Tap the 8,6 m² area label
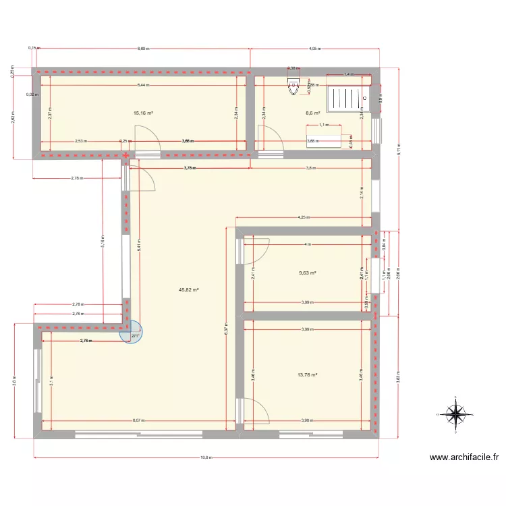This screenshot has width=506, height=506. (312, 113)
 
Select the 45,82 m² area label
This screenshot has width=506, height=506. (189, 289)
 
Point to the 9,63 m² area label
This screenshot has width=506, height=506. (308, 273)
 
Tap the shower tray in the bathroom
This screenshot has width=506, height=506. (349, 99)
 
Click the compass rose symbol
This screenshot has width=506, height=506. (457, 413)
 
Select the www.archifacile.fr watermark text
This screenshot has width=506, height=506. (464, 457)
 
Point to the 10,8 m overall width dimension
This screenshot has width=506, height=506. (206, 457)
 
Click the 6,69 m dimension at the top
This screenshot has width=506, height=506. (142, 49)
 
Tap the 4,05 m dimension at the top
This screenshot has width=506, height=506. (314, 49)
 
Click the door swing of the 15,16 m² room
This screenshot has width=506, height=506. (146, 139)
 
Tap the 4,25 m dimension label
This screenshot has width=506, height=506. (304, 218)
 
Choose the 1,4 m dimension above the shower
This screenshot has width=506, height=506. (348, 74)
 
